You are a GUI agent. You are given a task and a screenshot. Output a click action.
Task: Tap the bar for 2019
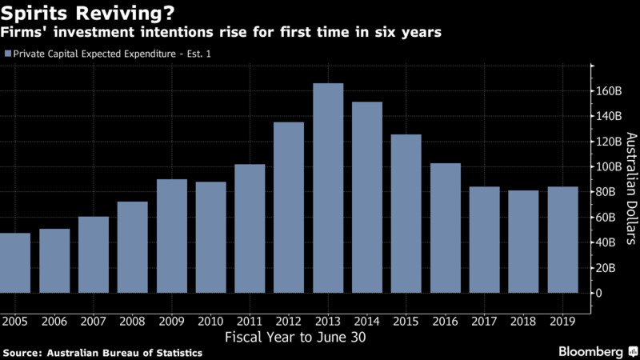(562, 240)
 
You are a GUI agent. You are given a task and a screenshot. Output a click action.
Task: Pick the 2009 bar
(171, 236)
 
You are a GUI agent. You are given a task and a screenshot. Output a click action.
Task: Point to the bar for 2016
(446, 228)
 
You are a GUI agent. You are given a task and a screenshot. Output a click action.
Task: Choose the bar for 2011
(250, 228)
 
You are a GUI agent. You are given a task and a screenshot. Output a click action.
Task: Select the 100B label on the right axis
(606, 166)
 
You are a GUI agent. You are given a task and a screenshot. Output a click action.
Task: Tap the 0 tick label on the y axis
(597, 293)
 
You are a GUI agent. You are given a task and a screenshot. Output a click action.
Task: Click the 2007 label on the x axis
(93, 321)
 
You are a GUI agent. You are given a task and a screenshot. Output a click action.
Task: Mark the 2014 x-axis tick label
(367, 321)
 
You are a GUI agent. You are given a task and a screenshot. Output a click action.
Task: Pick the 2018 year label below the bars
(523, 321)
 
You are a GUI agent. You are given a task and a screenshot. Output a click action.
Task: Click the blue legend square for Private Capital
(7, 54)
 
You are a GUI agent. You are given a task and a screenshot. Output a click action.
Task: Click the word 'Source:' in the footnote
(26, 352)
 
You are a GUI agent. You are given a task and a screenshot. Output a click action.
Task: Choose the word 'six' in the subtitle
(382, 33)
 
